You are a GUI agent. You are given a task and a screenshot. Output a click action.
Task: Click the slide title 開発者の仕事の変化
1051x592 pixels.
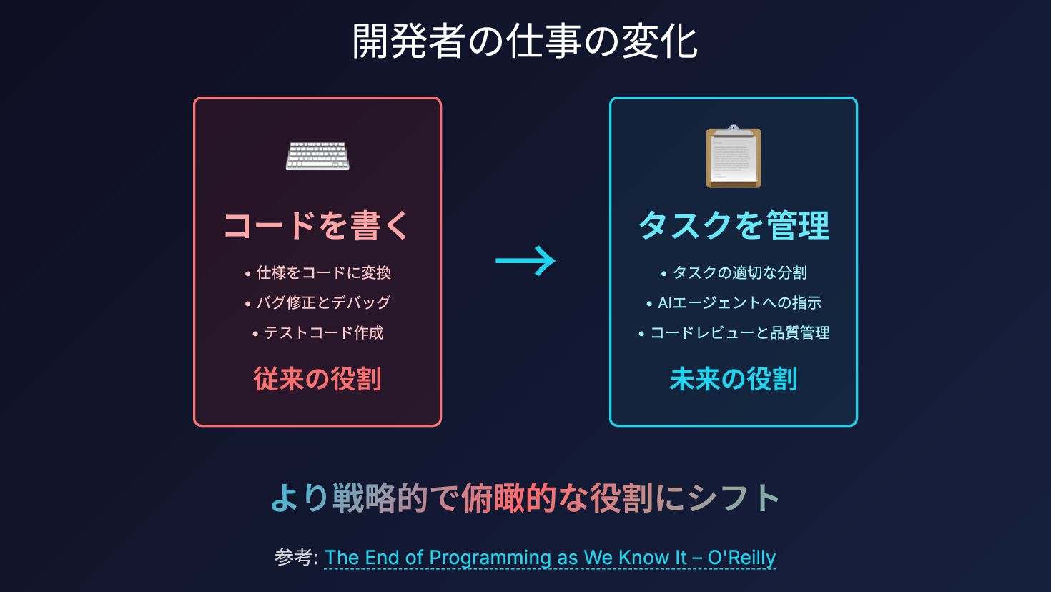[x=525, y=41]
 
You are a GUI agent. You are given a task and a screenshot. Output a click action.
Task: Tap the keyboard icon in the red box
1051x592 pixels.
[x=317, y=156]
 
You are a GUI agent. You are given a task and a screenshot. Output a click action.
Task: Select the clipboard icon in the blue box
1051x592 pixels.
[x=734, y=157]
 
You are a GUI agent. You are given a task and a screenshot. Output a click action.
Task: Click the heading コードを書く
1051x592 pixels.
[x=317, y=225]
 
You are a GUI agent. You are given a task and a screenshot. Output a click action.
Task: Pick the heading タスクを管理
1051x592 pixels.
[x=734, y=225]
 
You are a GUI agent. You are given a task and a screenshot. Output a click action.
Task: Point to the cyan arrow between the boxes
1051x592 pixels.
[x=525, y=261]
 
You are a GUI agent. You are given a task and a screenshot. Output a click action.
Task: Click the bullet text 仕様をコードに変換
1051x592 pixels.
[x=323, y=272]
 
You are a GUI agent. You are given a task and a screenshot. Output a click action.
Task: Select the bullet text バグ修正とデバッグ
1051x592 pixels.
[x=323, y=302]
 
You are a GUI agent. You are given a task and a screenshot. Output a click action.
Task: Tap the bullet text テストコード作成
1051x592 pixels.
[x=323, y=332]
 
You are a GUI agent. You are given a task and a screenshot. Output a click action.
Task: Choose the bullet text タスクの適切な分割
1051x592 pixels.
[x=739, y=272]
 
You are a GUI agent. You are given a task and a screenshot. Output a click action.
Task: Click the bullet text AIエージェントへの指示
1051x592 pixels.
[x=739, y=302]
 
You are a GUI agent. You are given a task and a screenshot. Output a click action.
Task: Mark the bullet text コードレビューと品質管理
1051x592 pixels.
[x=739, y=332]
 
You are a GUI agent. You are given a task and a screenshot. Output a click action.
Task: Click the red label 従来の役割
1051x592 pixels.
[x=317, y=379]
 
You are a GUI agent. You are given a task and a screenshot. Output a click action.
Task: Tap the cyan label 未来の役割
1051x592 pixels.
[x=734, y=379]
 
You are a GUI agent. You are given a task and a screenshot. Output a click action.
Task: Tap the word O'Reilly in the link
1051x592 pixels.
[x=741, y=558]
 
